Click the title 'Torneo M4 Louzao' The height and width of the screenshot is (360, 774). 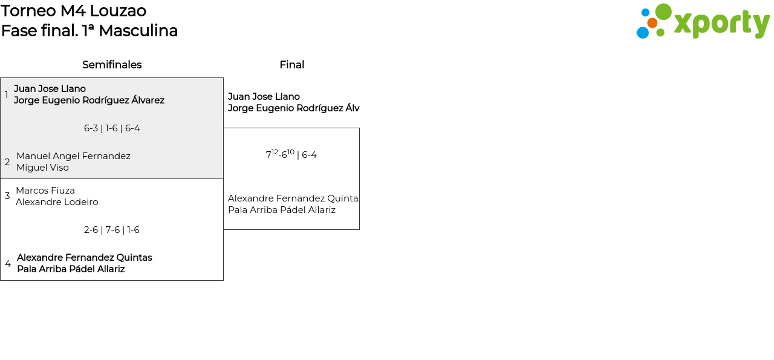(x=74, y=11)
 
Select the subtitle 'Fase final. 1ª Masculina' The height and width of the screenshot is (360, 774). (x=89, y=31)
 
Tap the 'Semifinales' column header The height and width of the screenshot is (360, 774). (x=112, y=65)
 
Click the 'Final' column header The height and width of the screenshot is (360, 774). (x=291, y=65)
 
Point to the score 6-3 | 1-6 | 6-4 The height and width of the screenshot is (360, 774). (x=112, y=128)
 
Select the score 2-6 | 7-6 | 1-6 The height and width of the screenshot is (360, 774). (x=112, y=230)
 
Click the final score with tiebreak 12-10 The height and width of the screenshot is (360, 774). (x=291, y=155)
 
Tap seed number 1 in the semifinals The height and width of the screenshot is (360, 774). (x=7, y=95)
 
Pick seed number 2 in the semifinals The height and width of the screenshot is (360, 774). (x=7, y=162)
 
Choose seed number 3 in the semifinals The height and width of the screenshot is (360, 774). (x=7, y=196)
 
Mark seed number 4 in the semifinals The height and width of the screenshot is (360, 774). (x=8, y=264)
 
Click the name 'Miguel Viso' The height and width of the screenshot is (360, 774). (x=42, y=168)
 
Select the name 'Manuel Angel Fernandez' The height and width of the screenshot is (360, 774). (x=73, y=156)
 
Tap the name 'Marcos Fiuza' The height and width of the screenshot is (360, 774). (x=45, y=191)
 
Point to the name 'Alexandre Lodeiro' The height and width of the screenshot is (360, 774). (x=57, y=202)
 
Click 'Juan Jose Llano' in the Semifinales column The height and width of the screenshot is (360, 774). (x=50, y=89)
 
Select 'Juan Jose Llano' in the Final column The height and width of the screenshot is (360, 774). (x=264, y=97)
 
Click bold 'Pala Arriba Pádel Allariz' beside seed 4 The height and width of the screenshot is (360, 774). (x=71, y=269)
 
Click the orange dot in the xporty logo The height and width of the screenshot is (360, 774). (x=652, y=23)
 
